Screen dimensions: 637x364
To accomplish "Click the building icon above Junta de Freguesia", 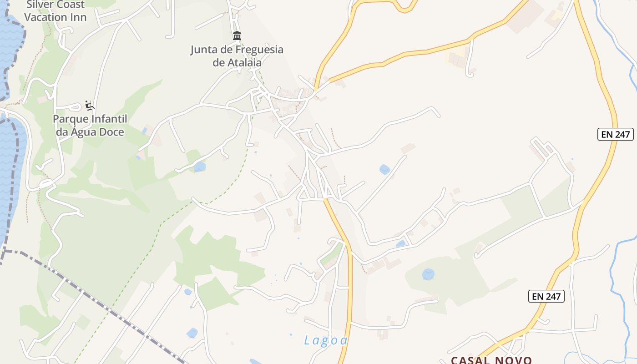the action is (237, 35).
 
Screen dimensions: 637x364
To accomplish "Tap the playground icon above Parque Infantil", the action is (90, 106).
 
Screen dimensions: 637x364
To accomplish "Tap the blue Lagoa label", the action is (326, 340).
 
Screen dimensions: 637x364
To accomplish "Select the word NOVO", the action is (513, 360).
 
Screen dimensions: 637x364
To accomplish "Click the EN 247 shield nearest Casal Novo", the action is (546, 296).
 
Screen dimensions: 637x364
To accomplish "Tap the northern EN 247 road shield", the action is (615, 134).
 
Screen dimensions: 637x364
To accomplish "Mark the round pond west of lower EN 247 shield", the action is (428, 274).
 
